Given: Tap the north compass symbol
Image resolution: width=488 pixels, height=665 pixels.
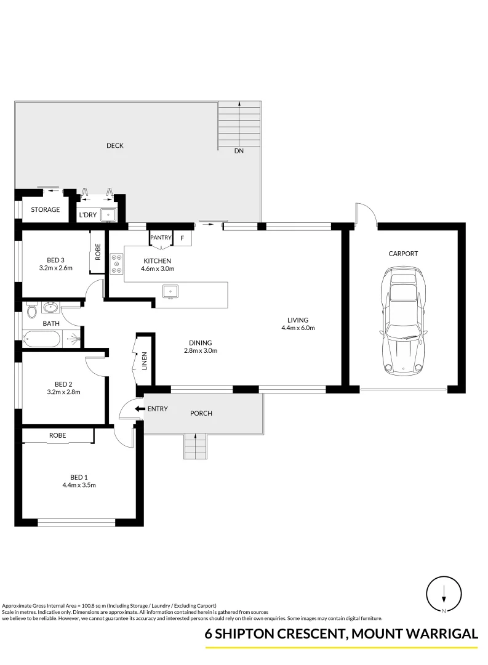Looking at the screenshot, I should tap(444, 595).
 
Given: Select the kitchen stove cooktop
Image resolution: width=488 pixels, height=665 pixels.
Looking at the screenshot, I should tap(116, 264).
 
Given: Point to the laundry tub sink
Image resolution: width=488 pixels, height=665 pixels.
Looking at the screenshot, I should tap(108, 215).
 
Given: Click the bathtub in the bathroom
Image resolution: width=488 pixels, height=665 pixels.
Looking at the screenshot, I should tap(42, 338).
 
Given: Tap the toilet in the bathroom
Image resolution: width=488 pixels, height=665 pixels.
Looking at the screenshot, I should tap(31, 310).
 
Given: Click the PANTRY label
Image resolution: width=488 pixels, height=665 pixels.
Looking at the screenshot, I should tap(161, 237).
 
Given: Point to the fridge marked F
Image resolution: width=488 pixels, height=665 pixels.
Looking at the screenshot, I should tap(182, 238).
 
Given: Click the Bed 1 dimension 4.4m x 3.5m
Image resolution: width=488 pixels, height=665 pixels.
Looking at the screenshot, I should tap(79, 485).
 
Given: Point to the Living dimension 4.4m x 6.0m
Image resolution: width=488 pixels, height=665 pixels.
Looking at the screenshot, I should tap(298, 328).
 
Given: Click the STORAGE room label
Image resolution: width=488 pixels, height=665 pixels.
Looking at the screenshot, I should tap(46, 209).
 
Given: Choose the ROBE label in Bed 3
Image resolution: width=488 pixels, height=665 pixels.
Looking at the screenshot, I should tap(98, 252).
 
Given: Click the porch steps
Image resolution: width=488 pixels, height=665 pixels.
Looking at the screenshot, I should tap(195, 446).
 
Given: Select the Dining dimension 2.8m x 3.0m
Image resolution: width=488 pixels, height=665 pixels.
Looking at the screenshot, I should tap(201, 350).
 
